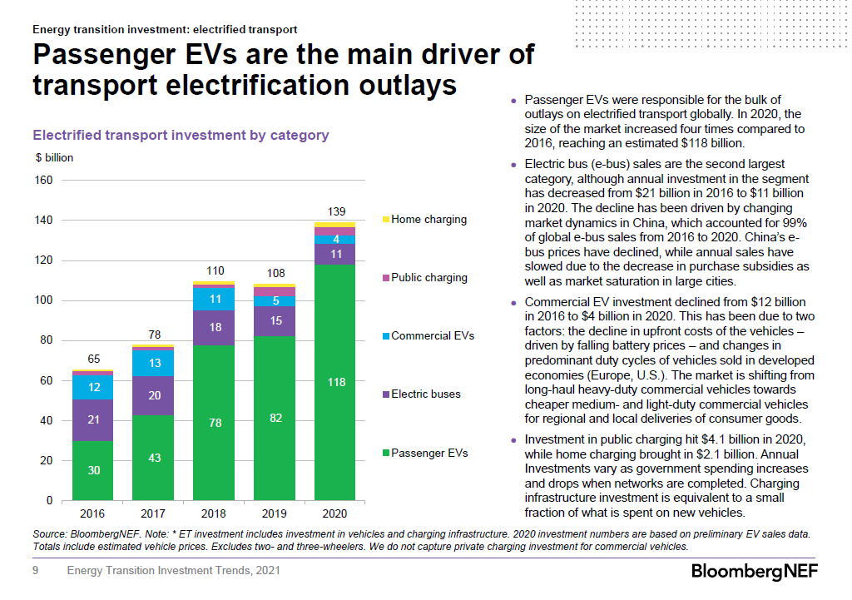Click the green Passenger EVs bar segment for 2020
(334, 382)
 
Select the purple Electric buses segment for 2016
(94, 420)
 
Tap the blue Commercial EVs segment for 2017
(155, 363)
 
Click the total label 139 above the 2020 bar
(335, 212)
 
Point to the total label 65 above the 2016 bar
(94, 359)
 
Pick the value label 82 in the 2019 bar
(275, 417)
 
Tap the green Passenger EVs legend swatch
(385, 454)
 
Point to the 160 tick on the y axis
(44, 181)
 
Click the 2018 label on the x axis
(215, 514)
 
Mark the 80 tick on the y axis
(47, 340)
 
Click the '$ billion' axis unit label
(54, 157)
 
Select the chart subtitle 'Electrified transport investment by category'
(181, 135)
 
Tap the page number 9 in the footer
(36, 571)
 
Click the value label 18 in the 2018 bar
(215, 328)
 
